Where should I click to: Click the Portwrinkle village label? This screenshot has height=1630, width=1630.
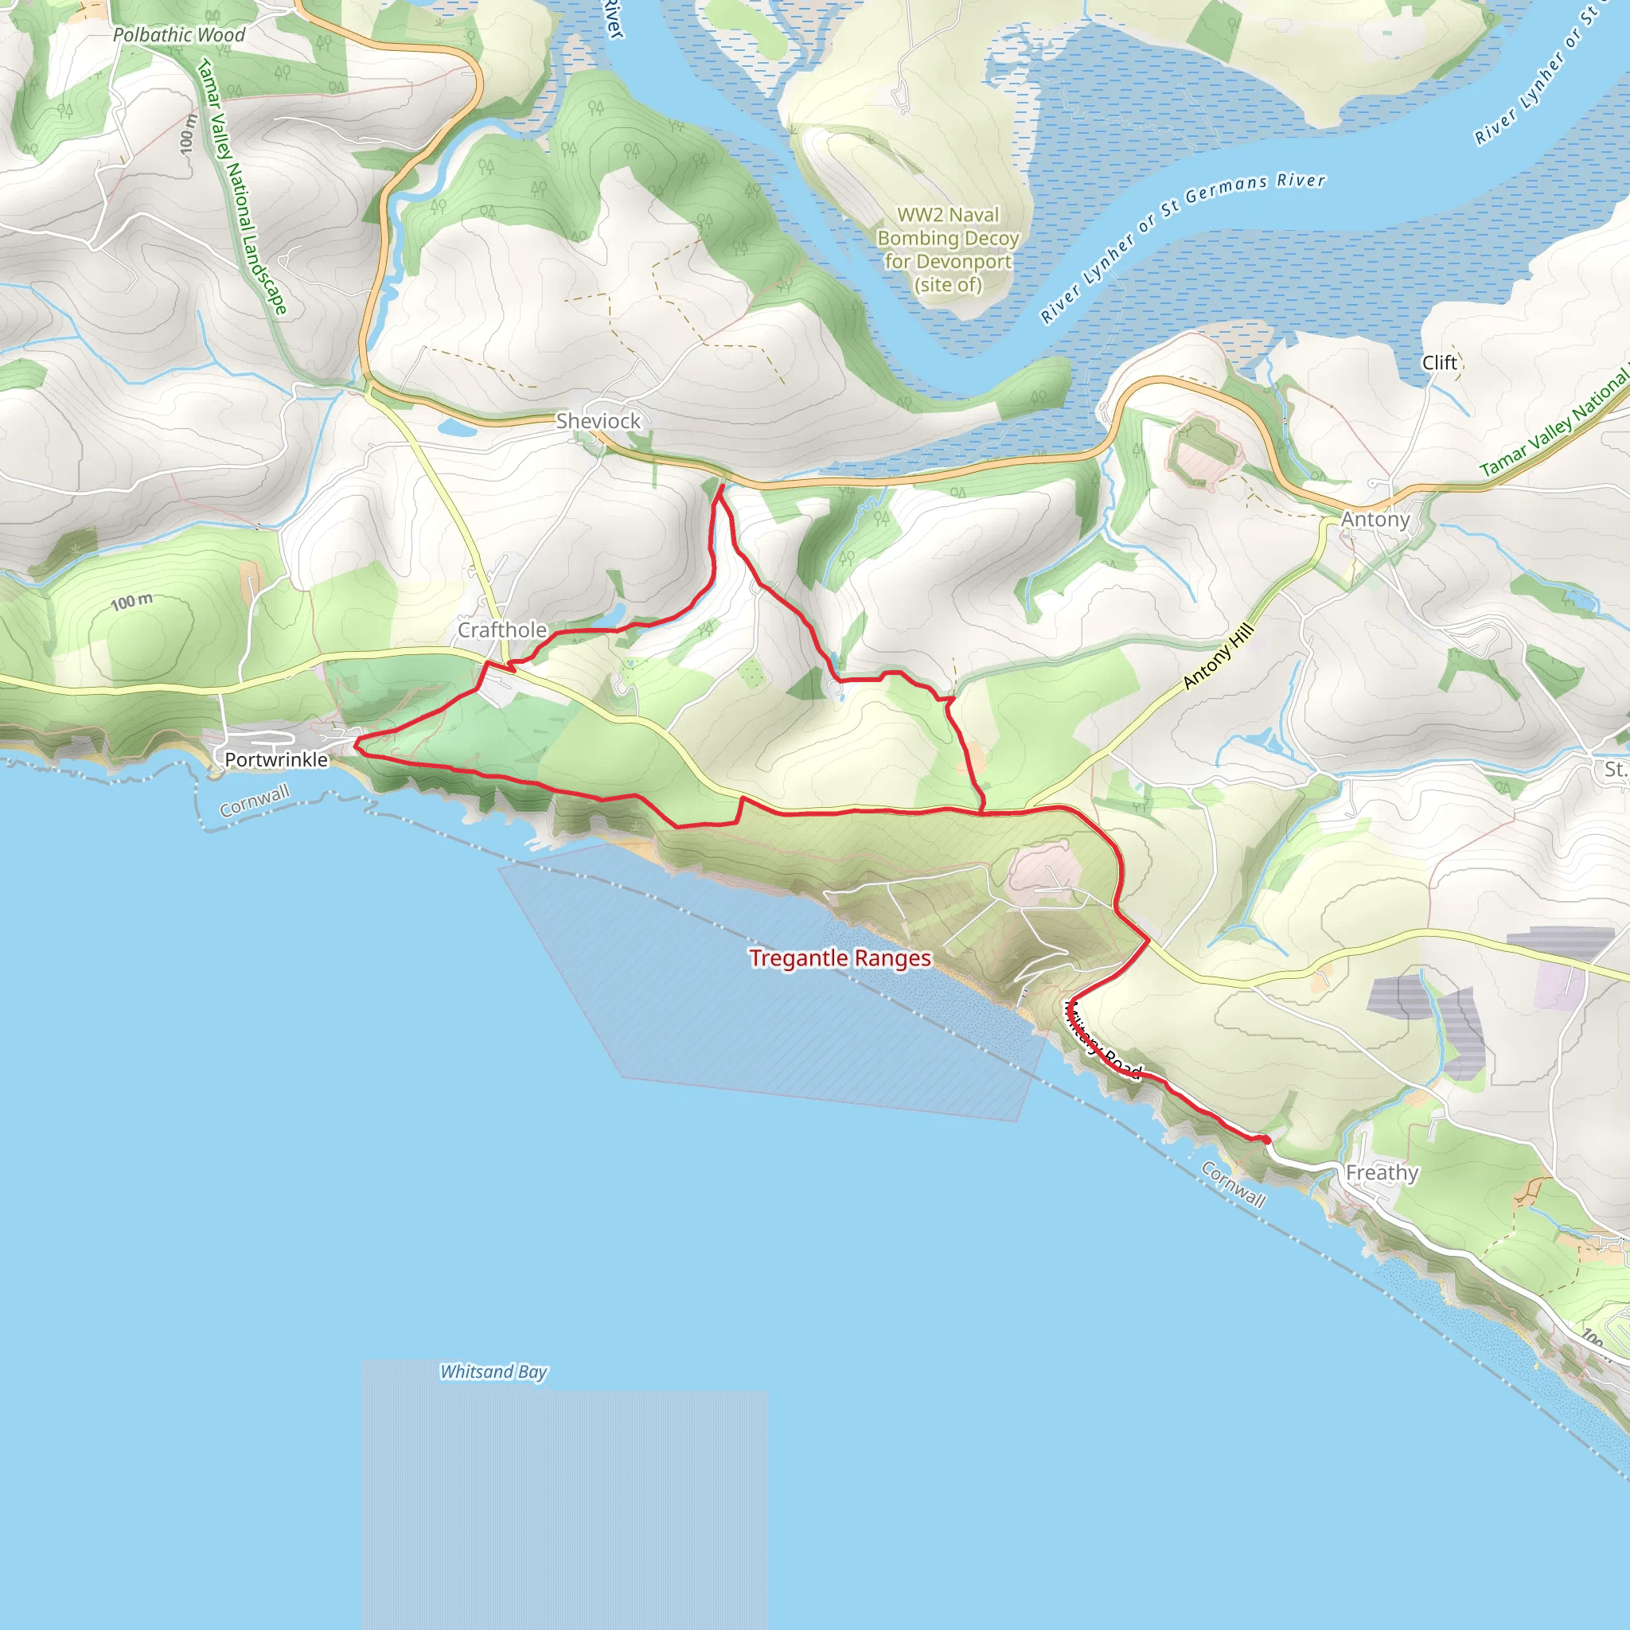pyautogui.click(x=276, y=759)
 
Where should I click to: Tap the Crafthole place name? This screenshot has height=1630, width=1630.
pyautogui.click(x=502, y=630)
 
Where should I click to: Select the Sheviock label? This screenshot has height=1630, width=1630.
pyautogui.click(x=599, y=420)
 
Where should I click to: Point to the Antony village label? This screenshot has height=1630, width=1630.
pyautogui.click(x=1375, y=520)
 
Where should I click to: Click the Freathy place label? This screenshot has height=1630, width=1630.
pyautogui.click(x=1382, y=1172)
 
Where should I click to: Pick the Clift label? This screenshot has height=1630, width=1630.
pyautogui.click(x=1439, y=363)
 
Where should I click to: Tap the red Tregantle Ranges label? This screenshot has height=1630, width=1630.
pyautogui.click(x=840, y=958)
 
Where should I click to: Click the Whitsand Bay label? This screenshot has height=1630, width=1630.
pyautogui.click(x=493, y=1372)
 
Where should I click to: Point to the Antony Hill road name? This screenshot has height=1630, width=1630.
pyautogui.click(x=1219, y=657)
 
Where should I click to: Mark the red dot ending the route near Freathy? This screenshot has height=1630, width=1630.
pyautogui.click(x=1266, y=1141)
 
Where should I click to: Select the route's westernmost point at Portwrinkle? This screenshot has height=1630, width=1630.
pyautogui.click(x=356, y=743)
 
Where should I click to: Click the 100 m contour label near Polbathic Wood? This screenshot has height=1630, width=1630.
pyautogui.click(x=187, y=133)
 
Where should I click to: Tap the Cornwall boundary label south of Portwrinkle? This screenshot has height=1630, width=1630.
pyautogui.click(x=255, y=801)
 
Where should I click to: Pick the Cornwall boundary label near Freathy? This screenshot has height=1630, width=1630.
pyautogui.click(x=1234, y=1184)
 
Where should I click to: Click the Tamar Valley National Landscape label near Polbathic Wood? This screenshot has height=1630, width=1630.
pyautogui.click(x=242, y=187)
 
